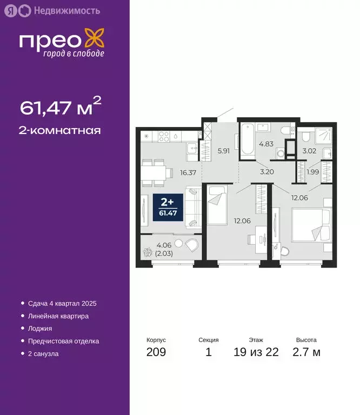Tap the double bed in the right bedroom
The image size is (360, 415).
click(311, 225)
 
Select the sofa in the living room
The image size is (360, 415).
click(194, 206)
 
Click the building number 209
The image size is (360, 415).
click(156, 353)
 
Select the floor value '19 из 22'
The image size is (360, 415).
click(256, 353)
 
